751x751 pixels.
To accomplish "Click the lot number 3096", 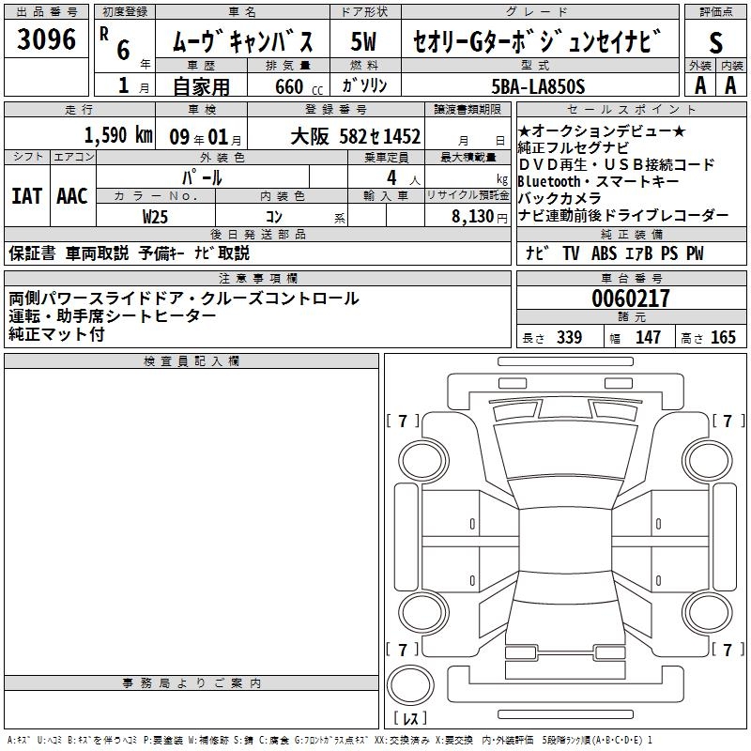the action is pyautogui.click(x=46, y=39).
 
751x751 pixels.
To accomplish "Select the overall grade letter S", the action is pyautogui.click(x=715, y=42).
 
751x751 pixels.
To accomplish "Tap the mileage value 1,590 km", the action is pyautogui.click(x=118, y=135).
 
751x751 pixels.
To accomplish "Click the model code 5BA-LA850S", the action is pyautogui.click(x=538, y=86).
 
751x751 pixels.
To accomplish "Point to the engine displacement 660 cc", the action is pyautogui.click(x=299, y=87).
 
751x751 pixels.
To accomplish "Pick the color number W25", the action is pyautogui.click(x=155, y=217).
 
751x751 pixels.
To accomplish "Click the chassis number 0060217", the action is pyautogui.click(x=631, y=299).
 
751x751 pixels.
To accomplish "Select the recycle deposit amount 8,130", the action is pyautogui.click(x=473, y=216).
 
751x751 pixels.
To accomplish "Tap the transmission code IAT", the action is pyautogui.click(x=26, y=196).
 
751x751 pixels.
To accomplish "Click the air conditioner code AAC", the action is pyautogui.click(x=72, y=196).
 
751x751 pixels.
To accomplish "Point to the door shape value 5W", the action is pyautogui.click(x=363, y=41).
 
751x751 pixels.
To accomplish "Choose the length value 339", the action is pyautogui.click(x=570, y=337).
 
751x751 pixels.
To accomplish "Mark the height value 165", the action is pyautogui.click(x=723, y=337).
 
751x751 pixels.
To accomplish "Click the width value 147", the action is pyautogui.click(x=648, y=337).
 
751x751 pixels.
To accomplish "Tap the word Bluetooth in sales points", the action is pyautogui.click(x=549, y=181).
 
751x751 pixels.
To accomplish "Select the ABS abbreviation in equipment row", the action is pyautogui.click(x=604, y=253).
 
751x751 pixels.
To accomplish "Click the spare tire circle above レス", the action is pyautogui.click(x=410, y=685).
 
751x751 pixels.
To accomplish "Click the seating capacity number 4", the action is pyautogui.click(x=391, y=178).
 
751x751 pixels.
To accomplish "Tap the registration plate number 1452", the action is pyautogui.click(x=402, y=136).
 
